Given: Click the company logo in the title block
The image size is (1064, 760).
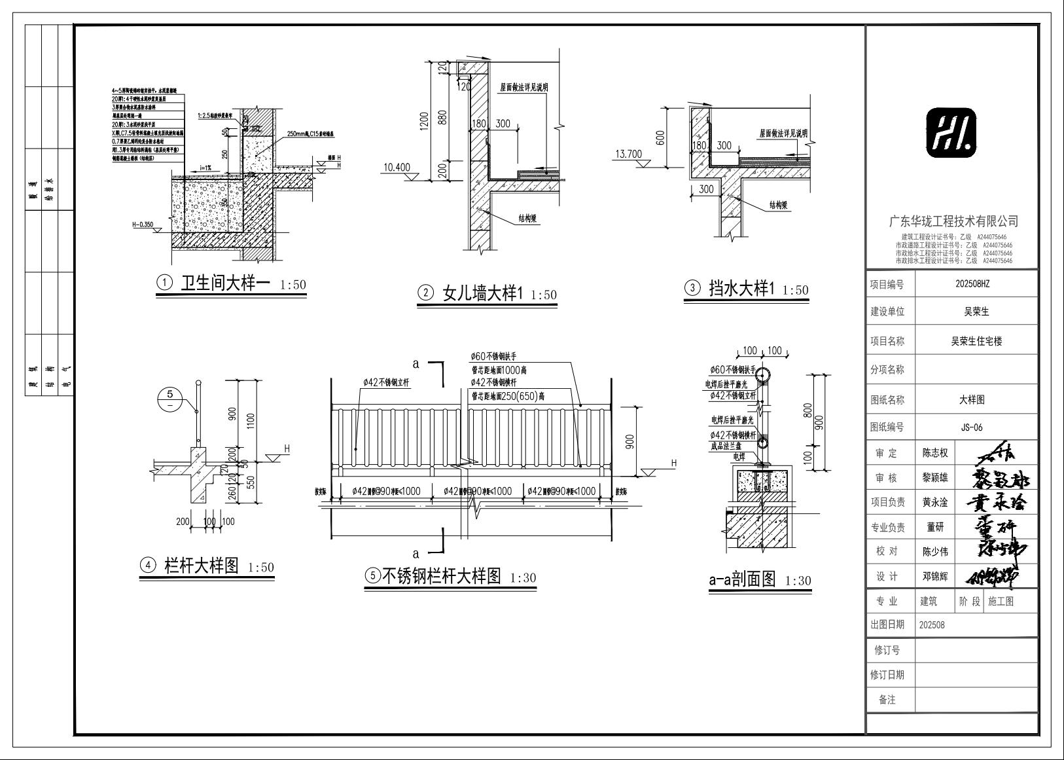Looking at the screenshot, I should [x=951, y=134].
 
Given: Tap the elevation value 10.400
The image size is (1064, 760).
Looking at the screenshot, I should [x=397, y=168].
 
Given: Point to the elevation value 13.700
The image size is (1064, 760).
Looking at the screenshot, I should [x=629, y=154].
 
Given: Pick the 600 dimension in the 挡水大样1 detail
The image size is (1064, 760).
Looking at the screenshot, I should [x=660, y=137].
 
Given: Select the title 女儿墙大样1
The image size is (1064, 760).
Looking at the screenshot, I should [x=483, y=294].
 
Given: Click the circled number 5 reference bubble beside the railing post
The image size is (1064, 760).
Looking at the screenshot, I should [x=170, y=399].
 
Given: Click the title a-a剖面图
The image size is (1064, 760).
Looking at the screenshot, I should [x=742, y=579].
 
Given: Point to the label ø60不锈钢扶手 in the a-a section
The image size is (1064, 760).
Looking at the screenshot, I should [x=732, y=371].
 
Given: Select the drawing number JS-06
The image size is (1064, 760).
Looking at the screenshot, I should [x=972, y=427].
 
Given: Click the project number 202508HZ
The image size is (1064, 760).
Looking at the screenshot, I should [x=972, y=285].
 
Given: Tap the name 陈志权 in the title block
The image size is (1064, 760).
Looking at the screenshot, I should [x=935, y=453].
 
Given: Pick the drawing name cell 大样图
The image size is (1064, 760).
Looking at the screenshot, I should [x=972, y=399].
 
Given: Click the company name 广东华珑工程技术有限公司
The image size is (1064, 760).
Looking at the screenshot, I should [x=952, y=222].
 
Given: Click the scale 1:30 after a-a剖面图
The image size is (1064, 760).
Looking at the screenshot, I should [x=798, y=581].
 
